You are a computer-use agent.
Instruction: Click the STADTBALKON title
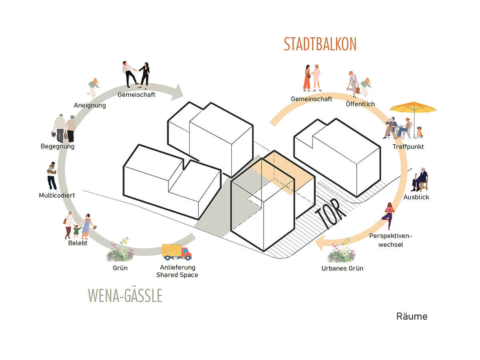(x=320, y=44)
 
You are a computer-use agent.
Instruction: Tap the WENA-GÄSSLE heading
(x=125, y=296)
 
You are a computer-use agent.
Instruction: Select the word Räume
(x=412, y=316)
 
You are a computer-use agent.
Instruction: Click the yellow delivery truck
(x=177, y=252)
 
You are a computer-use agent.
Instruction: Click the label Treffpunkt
(x=408, y=146)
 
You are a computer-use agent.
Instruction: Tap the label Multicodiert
(x=57, y=195)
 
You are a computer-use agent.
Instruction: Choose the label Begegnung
(x=58, y=146)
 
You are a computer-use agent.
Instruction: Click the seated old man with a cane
(x=419, y=180)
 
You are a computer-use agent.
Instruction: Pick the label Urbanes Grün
(x=342, y=268)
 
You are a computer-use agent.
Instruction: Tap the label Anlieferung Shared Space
(x=177, y=271)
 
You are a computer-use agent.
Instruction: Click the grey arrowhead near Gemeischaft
(x=177, y=92)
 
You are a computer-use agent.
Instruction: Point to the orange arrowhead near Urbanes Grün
(x=321, y=242)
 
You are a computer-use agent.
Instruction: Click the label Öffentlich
(x=360, y=104)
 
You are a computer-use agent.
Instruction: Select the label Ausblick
(x=416, y=197)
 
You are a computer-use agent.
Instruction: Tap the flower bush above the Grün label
(x=120, y=252)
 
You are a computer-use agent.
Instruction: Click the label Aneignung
(x=90, y=105)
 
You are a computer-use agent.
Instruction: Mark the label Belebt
(x=78, y=243)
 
